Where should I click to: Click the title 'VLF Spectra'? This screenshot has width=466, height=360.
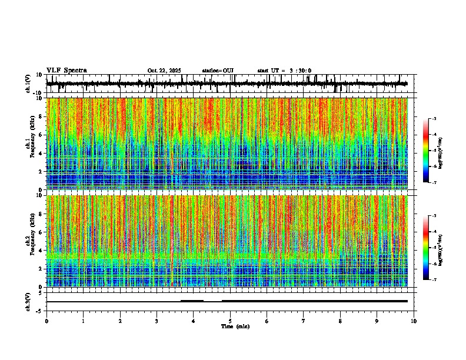(66, 70)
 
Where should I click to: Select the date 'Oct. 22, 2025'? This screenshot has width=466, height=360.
(164, 71)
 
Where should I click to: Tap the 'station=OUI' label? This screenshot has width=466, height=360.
(218, 71)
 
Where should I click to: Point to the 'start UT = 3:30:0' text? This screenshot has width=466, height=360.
(284, 71)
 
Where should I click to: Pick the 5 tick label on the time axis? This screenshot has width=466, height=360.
(230, 321)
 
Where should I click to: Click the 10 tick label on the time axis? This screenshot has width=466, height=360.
(414, 321)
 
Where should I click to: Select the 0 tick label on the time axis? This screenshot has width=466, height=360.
(46, 321)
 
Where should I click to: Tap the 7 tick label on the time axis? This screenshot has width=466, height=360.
(304, 321)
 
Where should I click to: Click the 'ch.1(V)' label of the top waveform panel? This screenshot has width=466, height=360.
(28, 84)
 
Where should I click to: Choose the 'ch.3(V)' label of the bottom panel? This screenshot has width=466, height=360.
(28, 301)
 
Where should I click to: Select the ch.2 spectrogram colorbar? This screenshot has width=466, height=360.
(426, 248)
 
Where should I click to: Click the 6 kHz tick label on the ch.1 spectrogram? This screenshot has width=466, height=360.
(40, 135)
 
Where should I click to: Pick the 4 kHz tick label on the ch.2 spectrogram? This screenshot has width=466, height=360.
(40, 250)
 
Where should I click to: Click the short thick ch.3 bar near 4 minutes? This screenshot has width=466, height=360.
(192, 301)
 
